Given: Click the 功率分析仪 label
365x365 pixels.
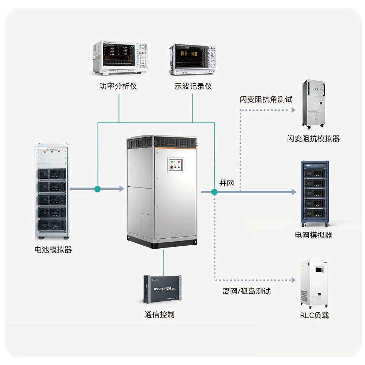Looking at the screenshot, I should (118, 86).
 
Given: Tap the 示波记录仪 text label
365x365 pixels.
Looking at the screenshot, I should (193, 86).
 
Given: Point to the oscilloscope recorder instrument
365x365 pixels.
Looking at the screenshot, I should (192, 59).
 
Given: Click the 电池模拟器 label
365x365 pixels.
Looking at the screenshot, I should (53, 250).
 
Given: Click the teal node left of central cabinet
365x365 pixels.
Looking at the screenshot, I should (97, 189).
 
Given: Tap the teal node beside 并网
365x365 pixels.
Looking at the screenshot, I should (214, 192).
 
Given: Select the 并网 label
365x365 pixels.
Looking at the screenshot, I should (227, 183).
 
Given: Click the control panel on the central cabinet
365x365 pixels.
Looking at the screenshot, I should (176, 165).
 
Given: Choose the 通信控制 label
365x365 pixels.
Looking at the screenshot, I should (160, 315).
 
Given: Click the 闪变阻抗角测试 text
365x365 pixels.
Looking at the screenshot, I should (266, 99).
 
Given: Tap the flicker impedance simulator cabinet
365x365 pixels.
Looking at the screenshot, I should (314, 104).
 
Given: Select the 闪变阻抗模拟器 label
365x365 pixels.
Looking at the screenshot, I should (314, 139).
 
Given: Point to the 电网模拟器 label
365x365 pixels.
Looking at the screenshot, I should (314, 235).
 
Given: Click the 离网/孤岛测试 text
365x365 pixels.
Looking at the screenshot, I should (247, 291).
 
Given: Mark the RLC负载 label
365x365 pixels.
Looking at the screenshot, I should (315, 315).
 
